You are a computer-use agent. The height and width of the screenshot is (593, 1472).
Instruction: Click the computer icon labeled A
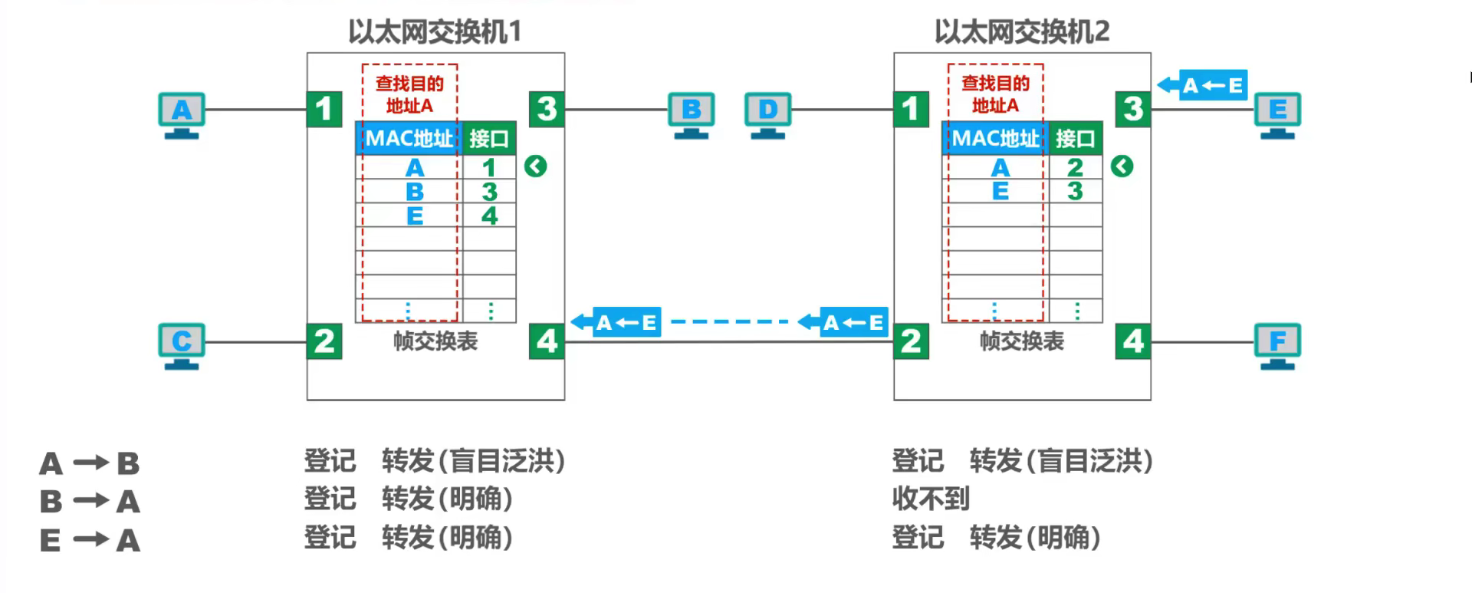pyautogui.click(x=182, y=114)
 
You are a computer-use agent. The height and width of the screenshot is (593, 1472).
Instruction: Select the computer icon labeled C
pyautogui.click(x=182, y=345)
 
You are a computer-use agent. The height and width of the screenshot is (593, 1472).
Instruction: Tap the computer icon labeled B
pyautogui.click(x=691, y=114)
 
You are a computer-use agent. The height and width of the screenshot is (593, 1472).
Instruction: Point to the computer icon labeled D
pyautogui.click(x=767, y=114)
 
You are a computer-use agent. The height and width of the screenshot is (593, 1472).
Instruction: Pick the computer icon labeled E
pyautogui.click(x=1277, y=114)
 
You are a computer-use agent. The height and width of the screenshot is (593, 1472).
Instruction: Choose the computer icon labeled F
pyautogui.click(x=1277, y=345)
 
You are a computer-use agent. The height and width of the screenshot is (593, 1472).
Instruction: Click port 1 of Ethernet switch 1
pyautogui.click(x=324, y=109)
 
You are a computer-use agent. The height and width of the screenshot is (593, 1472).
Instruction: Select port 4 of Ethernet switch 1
pyautogui.click(x=547, y=341)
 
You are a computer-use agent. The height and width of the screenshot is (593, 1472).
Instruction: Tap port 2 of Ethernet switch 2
pyautogui.click(x=911, y=341)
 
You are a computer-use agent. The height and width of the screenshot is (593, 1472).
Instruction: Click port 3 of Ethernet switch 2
pyautogui.click(x=1133, y=109)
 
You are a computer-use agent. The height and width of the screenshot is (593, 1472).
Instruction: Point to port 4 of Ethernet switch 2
pyautogui.click(x=1133, y=341)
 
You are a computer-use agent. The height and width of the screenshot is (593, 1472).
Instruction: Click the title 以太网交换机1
pyautogui.click(x=435, y=31)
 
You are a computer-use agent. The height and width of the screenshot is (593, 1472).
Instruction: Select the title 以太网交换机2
pyautogui.click(x=1022, y=31)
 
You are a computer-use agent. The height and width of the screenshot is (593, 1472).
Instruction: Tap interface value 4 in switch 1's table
pyautogui.click(x=489, y=216)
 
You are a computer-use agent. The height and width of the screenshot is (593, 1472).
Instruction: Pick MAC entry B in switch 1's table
pyautogui.click(x=414, y=192)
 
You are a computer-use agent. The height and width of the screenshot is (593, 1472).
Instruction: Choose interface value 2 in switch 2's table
pyautogui.click(x=1075, y=167)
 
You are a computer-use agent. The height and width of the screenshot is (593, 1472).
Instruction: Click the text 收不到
pyautogui.click(x=931, y=499)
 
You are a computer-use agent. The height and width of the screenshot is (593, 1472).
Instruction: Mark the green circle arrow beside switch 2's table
pyautogui.click(x=1122, y=166)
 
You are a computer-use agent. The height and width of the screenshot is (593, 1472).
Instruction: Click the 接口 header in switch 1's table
pyautogui.click(x=489, y=139)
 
